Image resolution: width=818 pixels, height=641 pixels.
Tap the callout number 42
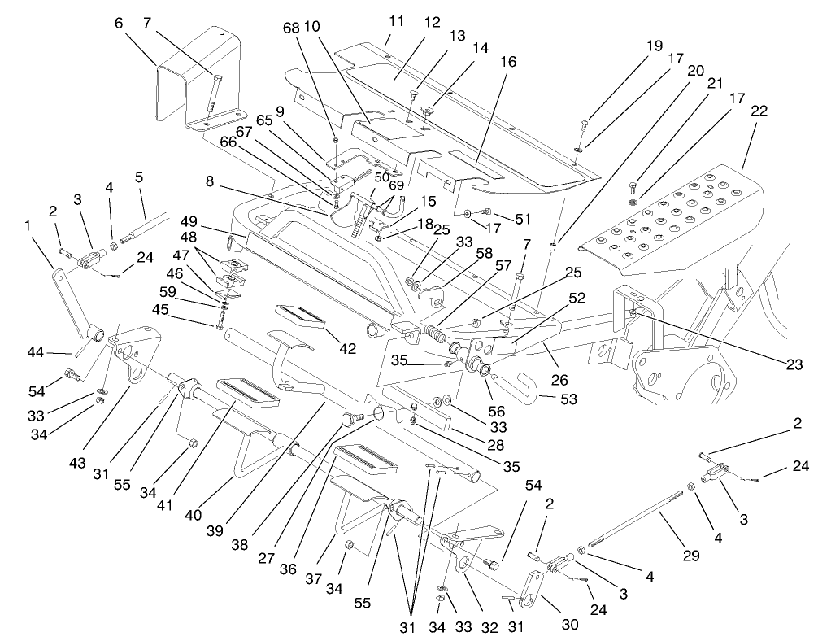click(x=347, y=349)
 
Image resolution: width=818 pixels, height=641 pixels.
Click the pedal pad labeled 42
click(x=301, y=316)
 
